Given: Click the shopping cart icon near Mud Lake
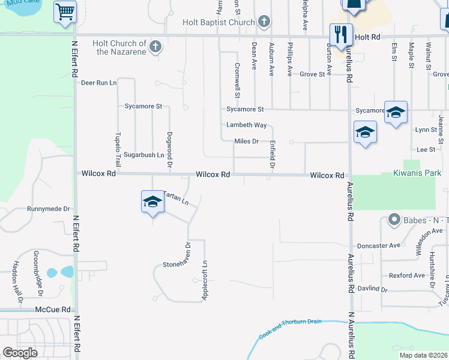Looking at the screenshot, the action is [x=65, y=11].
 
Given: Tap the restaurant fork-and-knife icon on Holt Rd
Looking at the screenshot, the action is [x=341, y=34].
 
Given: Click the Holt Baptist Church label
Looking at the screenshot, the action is [x=219, y=23].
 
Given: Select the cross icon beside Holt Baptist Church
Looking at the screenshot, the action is [x=264, y=23].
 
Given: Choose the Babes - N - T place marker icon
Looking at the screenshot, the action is [x=394, y=220].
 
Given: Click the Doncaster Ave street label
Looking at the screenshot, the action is [x=378, y=245].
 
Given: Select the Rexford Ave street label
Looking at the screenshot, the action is [x=406, y=275].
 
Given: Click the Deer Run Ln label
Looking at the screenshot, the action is [x=98, y=82].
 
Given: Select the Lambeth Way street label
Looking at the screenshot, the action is [x=246, y=125].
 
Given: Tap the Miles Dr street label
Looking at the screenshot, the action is [x=246, y=141].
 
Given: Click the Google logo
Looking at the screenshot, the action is [x=20, y=353].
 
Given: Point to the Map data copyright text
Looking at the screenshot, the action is [x=423, y=355].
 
